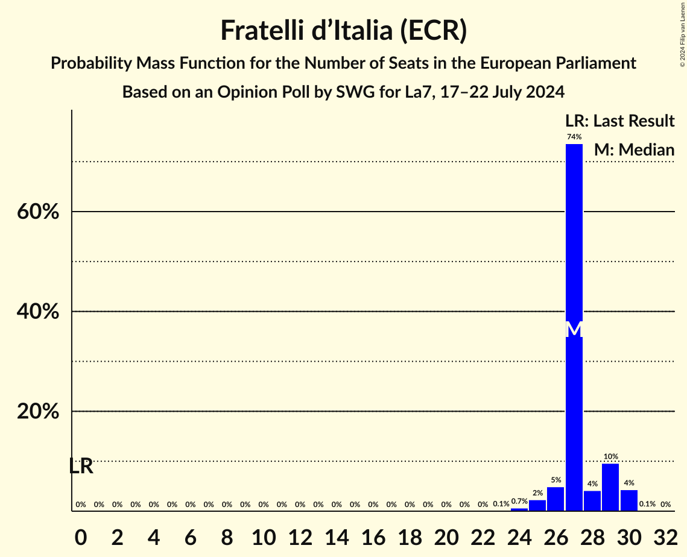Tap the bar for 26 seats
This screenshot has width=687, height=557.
(x=556, y=499)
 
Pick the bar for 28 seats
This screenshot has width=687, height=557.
(x=592, y=501)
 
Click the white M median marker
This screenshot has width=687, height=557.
(x=574, y=330)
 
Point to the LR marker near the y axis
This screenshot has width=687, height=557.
(x=81, y=466)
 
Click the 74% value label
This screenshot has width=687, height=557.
(x=574, y=137)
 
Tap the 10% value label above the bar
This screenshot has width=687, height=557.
(x=610, y=456)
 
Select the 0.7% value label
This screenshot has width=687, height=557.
(x=519, y=501)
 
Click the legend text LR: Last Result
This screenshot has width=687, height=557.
(x=619, y=121)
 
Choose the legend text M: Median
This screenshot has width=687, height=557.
(x=634, y=150)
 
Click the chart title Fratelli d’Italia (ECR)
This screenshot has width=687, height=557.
(x=343, y=31)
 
